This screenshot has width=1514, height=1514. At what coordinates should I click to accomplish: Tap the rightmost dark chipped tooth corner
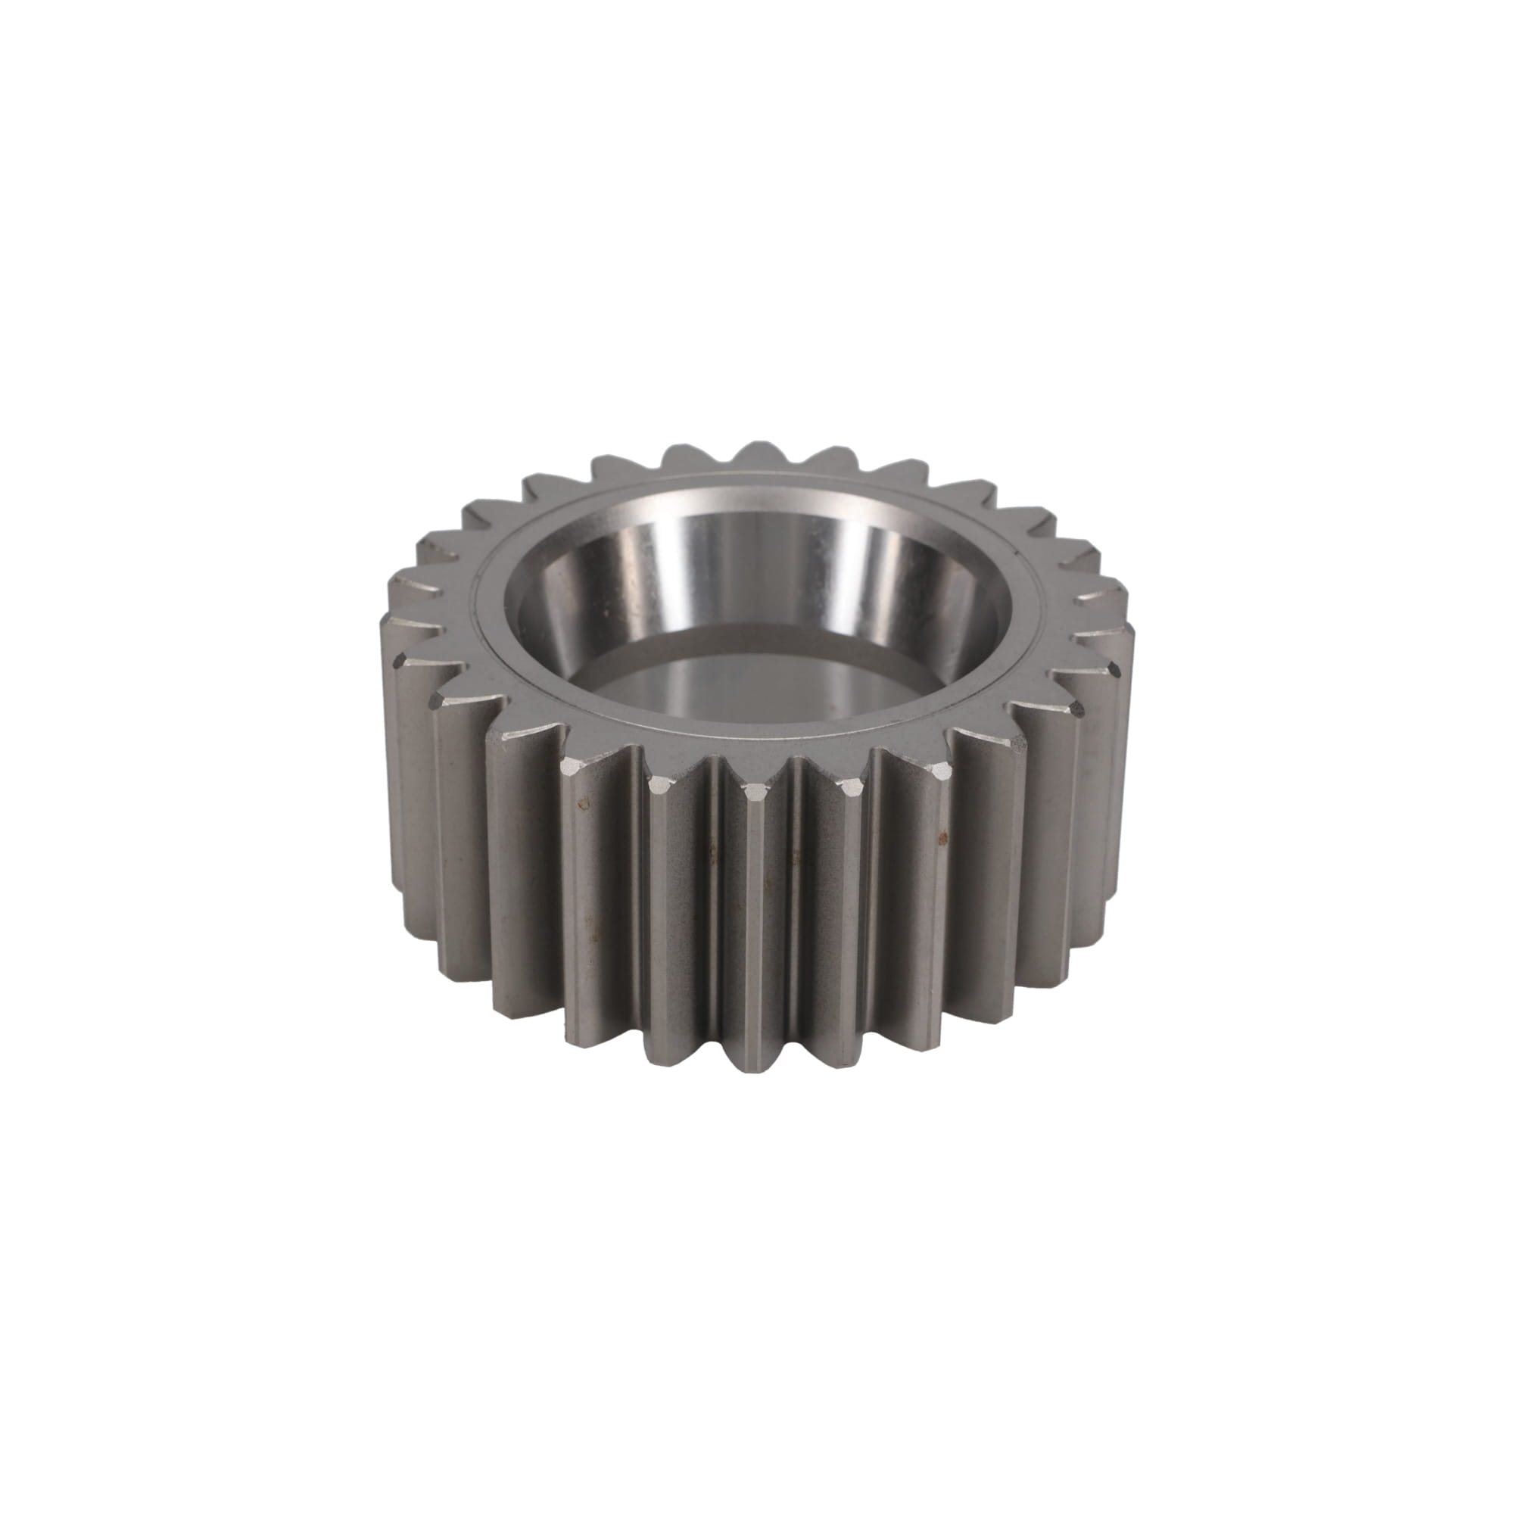click(1117, 668)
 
